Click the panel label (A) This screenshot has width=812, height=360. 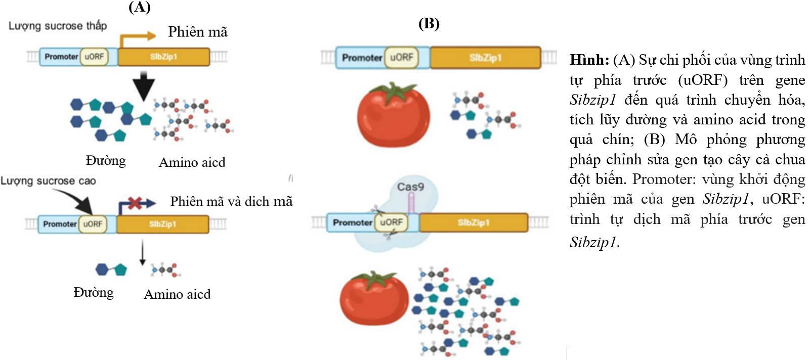tap(139, 7)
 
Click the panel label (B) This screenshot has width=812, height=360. tap(429, 23)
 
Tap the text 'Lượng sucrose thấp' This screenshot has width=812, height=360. tap(58, 26)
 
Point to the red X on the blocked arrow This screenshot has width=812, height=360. tap(135, 203)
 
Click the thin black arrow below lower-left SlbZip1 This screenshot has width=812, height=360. tap(143, 253)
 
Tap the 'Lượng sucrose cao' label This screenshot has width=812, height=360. tap(48, 181)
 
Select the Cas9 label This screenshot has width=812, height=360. tap(410, 187)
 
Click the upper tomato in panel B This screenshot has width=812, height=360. tap(393, 116)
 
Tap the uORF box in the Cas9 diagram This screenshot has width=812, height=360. tap(391, 222)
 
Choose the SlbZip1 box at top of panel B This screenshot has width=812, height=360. tap(485, 58)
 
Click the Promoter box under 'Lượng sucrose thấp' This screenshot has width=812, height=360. tap(61, 57)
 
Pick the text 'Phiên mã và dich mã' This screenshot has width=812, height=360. tap(231, 202)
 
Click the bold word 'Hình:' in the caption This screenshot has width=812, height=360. tap(589, 60)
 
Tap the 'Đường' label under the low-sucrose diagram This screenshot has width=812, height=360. tap(106, 161)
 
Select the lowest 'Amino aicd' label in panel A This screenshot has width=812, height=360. tap(177, 294)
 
